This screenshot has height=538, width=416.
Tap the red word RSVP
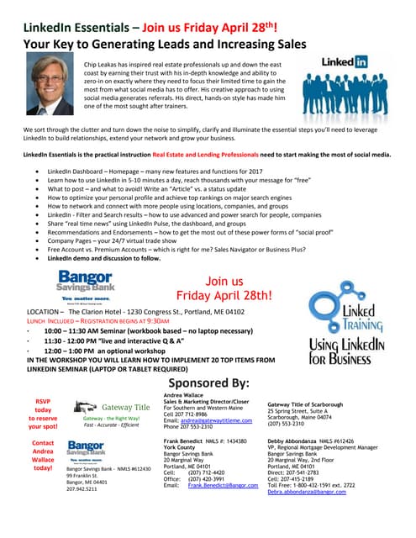(x=42, y=400)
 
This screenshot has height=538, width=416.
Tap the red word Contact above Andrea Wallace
(x=43, y=442)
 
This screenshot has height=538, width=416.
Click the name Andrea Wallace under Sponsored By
(x=188, y=393)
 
